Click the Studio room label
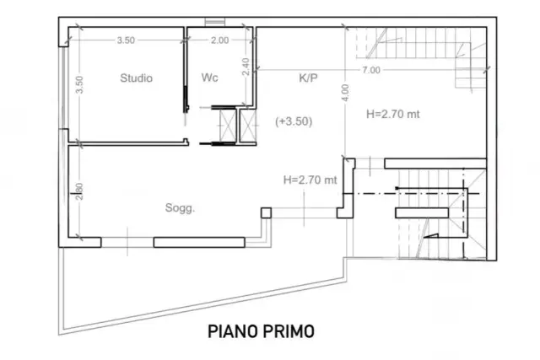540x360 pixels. [136, 78]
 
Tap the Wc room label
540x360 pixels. [210, 78]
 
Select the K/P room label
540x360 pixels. [308, 78]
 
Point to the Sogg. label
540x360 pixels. [180, 208]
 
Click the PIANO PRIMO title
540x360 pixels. [261, 331]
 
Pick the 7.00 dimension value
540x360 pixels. [371, 70]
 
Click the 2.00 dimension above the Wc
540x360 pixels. [219, 40]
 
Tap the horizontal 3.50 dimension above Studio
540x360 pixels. [126, 40]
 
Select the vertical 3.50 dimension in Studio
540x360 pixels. [79, 84]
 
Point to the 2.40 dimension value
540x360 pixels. [246, 67]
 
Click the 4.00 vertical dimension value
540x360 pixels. [346, 93]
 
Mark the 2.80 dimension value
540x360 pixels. [79, 191]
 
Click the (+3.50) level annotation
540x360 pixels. [294, 121]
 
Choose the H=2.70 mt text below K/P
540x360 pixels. [393, 114]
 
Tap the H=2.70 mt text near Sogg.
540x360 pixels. [310, 180]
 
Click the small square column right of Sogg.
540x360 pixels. [266, 213]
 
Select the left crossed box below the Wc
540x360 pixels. [228, 126]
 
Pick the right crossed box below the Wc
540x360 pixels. [248, 126]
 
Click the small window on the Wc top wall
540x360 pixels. [215, 22]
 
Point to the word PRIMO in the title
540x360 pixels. [289, 331]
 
